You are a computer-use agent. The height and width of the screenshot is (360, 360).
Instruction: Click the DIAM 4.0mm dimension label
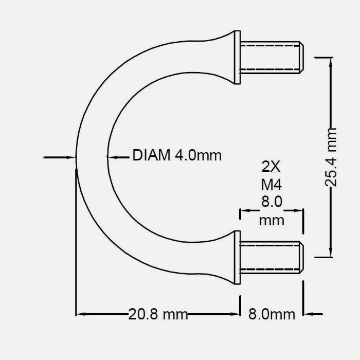(177, 155)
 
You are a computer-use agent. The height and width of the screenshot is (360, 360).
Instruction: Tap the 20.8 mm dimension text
(158, 314)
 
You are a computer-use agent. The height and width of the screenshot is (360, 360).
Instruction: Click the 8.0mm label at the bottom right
(272, 314)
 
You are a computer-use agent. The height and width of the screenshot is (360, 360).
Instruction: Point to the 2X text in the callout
(271, 167)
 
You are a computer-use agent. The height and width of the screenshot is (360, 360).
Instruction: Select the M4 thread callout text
(271, 184)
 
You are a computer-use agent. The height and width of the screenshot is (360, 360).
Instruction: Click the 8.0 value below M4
(271, 202)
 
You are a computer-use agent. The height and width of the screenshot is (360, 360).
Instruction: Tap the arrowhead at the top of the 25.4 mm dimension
(330, 61)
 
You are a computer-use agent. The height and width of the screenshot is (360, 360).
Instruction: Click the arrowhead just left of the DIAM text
(111, 156)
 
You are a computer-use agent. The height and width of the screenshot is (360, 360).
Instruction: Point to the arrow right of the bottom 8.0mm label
(309, 314)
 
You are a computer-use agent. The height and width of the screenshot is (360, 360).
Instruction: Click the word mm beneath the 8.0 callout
(271, 220)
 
